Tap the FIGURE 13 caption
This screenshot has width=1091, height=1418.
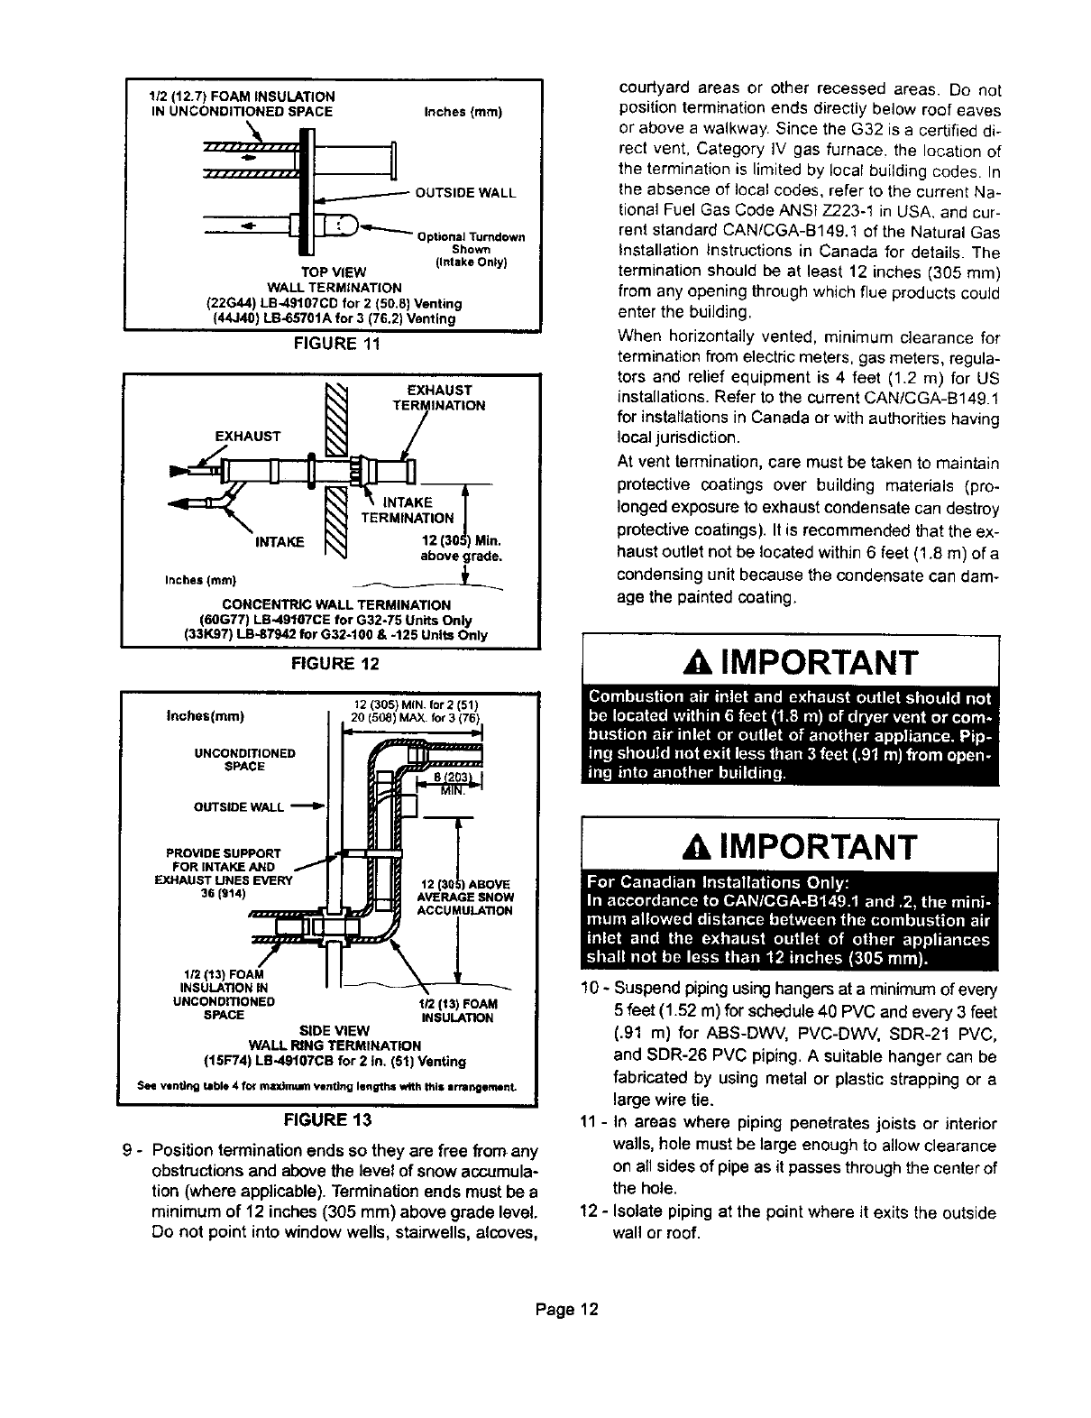(330, 1121)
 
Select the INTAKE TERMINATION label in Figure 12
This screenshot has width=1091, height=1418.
(408, 510)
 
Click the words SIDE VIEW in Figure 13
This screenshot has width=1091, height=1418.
(329, 1030)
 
